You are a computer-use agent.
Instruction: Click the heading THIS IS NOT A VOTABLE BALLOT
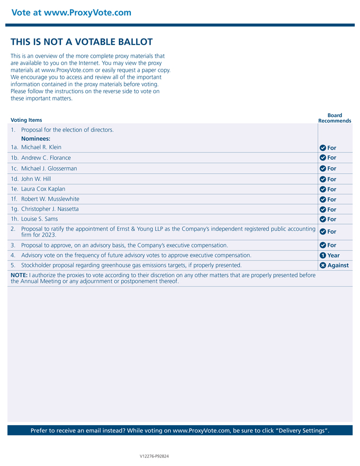[x=82, y=42]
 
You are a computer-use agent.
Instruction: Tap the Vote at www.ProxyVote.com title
[x=71, y=13]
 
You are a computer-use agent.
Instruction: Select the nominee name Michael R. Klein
[x=41, y=147]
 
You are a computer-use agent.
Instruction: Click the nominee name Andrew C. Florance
[x=46, y=158]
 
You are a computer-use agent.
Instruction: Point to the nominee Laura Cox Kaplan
[x=43, y=189]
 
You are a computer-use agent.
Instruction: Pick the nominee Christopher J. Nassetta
[x=50, y=209]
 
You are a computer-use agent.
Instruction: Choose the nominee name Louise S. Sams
[x=40, y=219]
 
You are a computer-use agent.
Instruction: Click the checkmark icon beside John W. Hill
[x=323, y=180]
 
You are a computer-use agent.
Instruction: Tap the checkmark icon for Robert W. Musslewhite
[x=323, y=200]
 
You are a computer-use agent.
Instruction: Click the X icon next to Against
[x=323, y=265]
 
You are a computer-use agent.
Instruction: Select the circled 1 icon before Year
[x=323, y=255]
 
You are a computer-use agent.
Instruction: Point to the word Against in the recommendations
[x=338, y=265]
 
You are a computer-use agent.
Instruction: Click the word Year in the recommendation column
[x=334, y=255]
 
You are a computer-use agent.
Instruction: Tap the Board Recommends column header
[x=335, y=118]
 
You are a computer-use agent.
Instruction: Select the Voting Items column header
[x=26, y=120]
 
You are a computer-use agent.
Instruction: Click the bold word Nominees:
[x=35, y=139]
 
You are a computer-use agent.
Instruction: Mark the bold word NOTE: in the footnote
[x=19, y=275]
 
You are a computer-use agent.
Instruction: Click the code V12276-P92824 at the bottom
[x=154, y=456]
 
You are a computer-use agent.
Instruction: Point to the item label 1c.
[x=15, y=168]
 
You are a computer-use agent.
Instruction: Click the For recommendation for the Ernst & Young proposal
[x=331, y=231]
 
